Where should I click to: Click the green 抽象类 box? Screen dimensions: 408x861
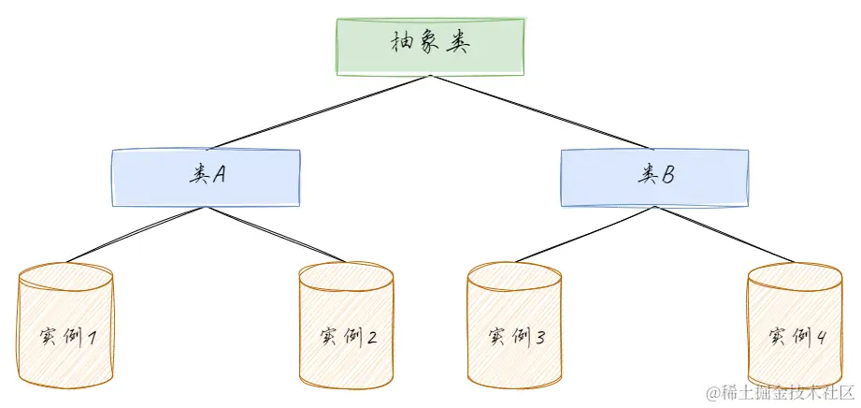click(430, 45)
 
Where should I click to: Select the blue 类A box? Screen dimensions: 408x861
click(206, 177)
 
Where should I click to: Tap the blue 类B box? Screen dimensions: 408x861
click(653, 177)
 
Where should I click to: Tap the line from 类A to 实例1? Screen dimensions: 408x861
click(136, 235)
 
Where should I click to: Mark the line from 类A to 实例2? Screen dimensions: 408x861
click(276, 235)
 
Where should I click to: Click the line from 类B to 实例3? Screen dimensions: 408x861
click(584, 234)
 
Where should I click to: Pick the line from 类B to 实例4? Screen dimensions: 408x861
click(725, 234)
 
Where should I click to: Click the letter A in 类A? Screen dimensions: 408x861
click(219, 175)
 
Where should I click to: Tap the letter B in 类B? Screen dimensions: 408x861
click(667, 175)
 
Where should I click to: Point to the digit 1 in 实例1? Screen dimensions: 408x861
click(93, 336)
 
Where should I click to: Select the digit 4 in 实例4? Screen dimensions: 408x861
click(821, 336)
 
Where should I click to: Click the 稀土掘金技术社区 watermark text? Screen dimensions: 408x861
click(780, 392)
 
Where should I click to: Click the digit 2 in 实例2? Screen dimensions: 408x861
click(372, 336)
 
